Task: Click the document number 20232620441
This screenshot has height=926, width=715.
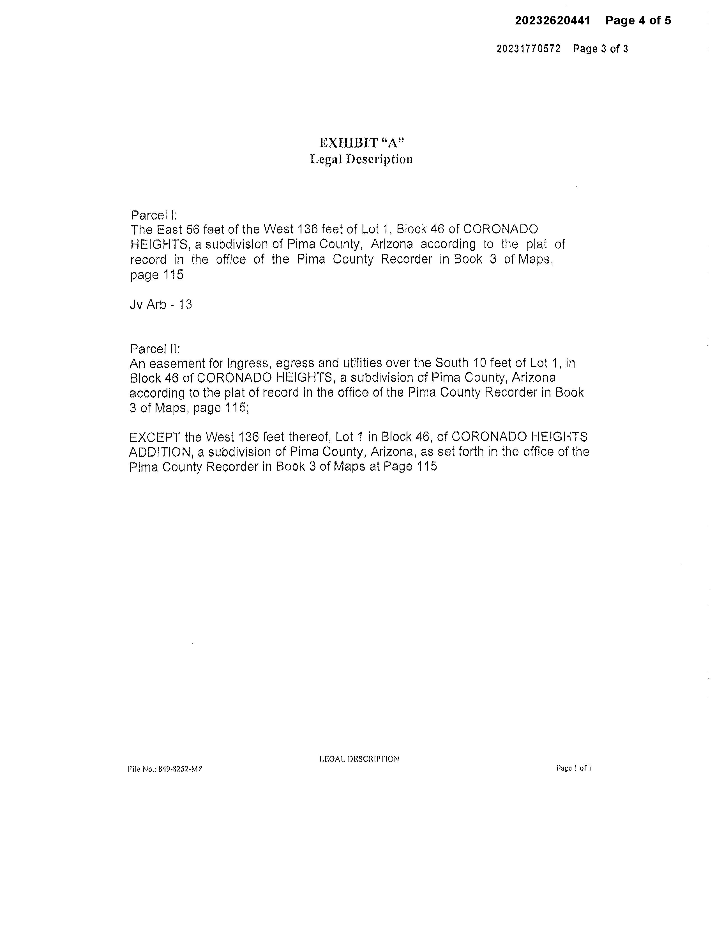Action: point(552,21)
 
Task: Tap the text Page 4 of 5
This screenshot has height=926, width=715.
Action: point(638,21)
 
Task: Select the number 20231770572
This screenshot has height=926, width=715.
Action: point(528,49)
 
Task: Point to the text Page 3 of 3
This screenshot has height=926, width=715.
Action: point(600,49)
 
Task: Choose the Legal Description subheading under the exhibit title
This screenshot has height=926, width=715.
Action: point(361,159)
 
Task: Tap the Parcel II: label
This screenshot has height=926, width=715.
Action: point(155,349)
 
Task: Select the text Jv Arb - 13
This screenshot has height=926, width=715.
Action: point(161,304)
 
